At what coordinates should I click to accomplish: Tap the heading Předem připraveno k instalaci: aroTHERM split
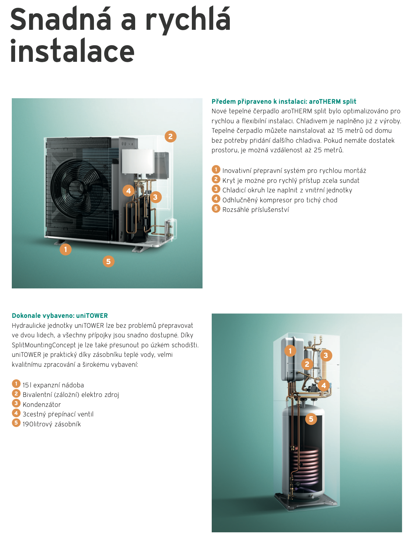click(x=284, y=102)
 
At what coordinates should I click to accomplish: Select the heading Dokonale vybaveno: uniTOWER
click(x=60, y=316)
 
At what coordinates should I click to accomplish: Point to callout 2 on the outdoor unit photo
click(x=170, y=136)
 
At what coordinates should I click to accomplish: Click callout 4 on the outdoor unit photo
click(x=129, y=191)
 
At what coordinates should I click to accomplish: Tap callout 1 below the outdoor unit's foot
click(x=66, y=249)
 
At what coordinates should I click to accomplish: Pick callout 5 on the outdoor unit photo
click(x=108, y=262)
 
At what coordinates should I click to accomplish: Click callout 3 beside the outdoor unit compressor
click(x=155, y=197)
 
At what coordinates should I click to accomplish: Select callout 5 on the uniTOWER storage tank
click(x=311, y=419)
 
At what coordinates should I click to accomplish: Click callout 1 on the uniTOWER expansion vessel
click(x=290, y=351)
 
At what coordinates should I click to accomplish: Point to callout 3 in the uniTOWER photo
click(x=326, y=355)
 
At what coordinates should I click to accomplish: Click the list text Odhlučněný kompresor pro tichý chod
click(x=280, y=200)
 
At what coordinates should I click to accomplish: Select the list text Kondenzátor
click(x=42, y=404)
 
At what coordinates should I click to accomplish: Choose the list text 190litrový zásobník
click(x=52, y=424)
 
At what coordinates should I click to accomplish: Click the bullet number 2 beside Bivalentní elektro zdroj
click(x=16, y=394)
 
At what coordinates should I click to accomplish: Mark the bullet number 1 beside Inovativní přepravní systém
click(x=216, y=170)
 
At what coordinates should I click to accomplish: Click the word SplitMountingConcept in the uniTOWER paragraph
click(x=44, y=345)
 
